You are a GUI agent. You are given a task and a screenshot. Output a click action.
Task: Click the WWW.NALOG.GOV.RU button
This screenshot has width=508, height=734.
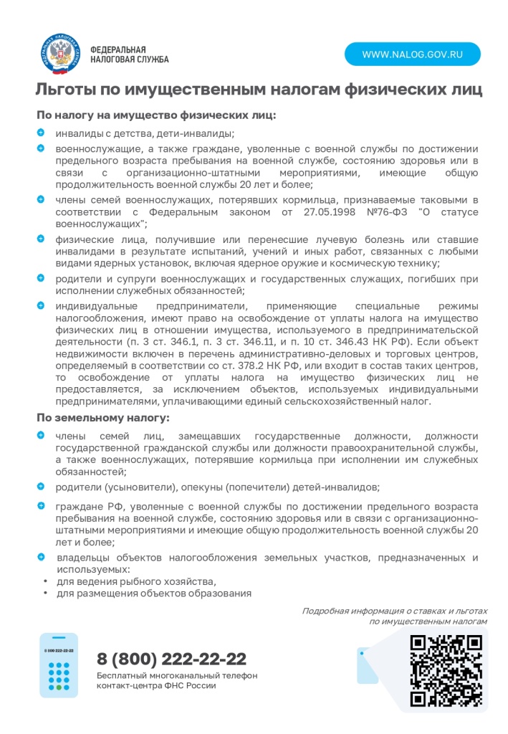pos(412,54)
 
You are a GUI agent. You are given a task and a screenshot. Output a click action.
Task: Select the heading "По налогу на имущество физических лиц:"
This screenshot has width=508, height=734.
pos(156,115)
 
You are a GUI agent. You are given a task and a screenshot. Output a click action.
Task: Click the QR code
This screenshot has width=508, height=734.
pos(446,670)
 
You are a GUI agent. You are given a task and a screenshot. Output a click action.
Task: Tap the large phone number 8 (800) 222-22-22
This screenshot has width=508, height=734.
pos(171,659)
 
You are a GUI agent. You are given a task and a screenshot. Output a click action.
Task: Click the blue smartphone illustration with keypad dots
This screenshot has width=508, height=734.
pos(59,666)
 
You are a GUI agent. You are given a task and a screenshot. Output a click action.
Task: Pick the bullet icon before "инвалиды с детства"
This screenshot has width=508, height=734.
pos(41,133)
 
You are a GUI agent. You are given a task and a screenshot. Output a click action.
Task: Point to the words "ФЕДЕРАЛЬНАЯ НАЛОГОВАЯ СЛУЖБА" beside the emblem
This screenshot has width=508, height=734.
pos(129,54)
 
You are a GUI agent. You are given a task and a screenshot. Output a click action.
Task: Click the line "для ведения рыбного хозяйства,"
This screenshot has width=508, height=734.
pos(136,581)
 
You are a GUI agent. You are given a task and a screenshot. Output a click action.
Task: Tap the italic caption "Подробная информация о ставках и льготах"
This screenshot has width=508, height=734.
pos(394,611)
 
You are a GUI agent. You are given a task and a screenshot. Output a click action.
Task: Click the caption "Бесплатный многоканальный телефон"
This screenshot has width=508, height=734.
pos(177,675)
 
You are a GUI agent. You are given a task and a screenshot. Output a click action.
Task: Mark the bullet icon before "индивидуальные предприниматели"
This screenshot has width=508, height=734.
pos(41,305)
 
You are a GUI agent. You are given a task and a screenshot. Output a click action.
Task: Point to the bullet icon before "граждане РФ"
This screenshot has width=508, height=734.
pos(41,506)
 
